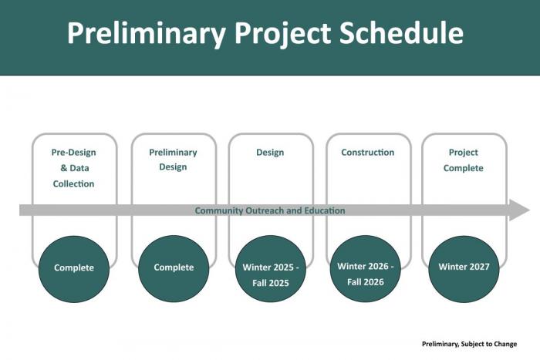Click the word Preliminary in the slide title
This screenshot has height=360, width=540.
point(145,34)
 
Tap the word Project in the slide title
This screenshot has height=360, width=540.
point(282,34)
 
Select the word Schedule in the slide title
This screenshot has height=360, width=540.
point(402,34)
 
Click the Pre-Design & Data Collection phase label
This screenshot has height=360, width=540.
point(74,168)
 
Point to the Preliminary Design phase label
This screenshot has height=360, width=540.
point(173,160)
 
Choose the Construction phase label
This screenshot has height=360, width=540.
point(367,153)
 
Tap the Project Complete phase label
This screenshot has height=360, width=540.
point(464,160)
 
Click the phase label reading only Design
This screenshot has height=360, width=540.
point(270,153)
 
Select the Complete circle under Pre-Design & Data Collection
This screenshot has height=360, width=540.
point(74,268)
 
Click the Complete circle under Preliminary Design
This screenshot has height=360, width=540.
point(174,268)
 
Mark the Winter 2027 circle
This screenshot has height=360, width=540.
point(464,268)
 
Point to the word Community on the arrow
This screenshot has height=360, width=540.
point(219,210)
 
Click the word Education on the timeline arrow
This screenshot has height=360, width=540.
point(325,210)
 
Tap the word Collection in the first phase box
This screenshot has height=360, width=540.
point(74,184)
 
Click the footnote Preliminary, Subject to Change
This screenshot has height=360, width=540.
point(469,344)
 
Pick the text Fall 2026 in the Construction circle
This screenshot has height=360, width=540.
point(366,282)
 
